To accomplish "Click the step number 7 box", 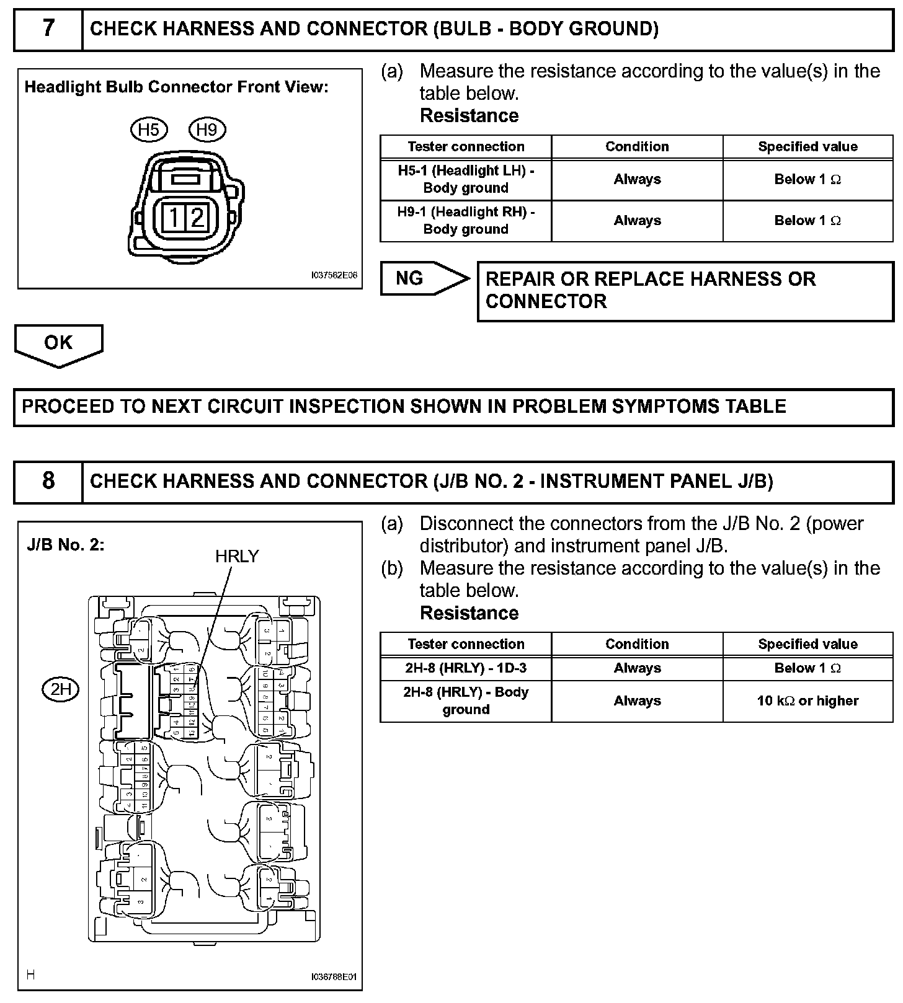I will pyautogui.click(x=48, y=29).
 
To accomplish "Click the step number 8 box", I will pyautogui.click(x=48, y=481).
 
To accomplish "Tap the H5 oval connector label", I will pyautogui.click(x=149, y=130).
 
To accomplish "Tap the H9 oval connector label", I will pyautogui.click(x=207, y=130).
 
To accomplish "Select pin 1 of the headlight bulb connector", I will pyautogui.click(x=174, y=218).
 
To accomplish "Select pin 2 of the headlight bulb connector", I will pyautogui.click(x=197, y=218).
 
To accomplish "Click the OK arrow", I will pyautogui.click(x=58, y=344).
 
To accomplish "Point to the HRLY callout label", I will pyautogui.click(x=237, y=556).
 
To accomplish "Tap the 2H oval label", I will pyautogui.click(x=61, y=689).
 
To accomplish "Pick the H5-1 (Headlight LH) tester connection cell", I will pyautogui.click(x=466, y=179).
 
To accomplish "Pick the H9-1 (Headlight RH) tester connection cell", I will pyautogui.click(x=466, y=221).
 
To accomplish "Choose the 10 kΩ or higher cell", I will pyautogui.click(x=807, y=701).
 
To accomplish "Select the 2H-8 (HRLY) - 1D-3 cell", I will pyautogui.click(x=466, y=668).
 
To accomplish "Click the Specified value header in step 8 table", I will pyautogui.click(x=807, y=644).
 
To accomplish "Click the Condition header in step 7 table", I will pyautogui.click(x=637, y=147).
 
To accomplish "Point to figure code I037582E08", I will pyautogui.click(x=334, y=275).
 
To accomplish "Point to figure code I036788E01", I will pyautogui.click(x=334, y=977).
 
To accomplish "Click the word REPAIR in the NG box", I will pyautogui.click(x=520, y=280).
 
